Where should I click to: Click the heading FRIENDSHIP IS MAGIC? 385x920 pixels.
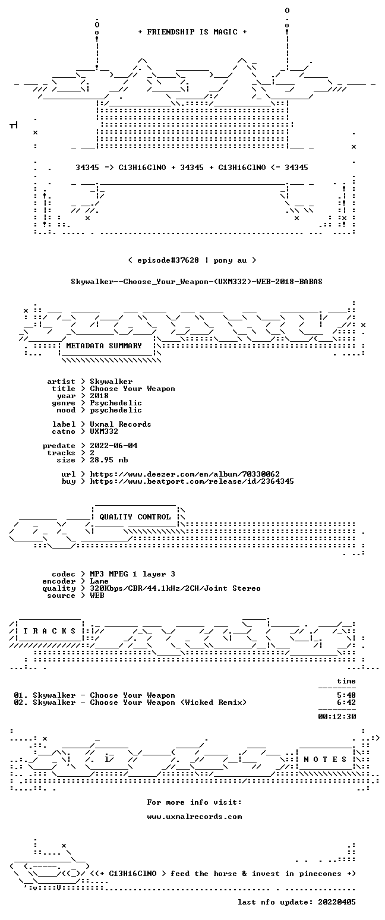pyautogui.click(x=192, y=32)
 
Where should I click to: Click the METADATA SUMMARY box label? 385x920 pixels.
pyautogui.click(x=104, y=346)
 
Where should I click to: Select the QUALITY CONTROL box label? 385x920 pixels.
pyautogui.click(x=135, y=517)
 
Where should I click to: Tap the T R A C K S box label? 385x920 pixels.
pyautogui.click(x=50, y=631)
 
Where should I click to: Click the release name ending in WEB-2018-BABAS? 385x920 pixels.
pyautogui.click(x=197, y=282)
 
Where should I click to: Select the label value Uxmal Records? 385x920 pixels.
pyautogui.click(x=121, y=424)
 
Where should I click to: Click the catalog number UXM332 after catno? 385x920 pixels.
pyautogui.click(x=104, y=431)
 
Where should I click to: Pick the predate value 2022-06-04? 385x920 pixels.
pyautogui.click(x=113, y=446)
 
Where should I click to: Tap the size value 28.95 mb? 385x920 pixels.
pyautogui.click(x=109, y=460)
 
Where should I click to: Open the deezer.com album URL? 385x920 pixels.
pyautogui.click(x=185, y=474)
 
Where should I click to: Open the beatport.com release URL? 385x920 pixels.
pyautogui.click(x=192, y=481)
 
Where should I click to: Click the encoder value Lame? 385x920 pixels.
pyautogui.click(x=99, y=581)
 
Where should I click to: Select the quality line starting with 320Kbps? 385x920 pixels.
pyautogui.click(x=175, y=588)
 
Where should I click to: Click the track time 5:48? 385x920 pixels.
pyautogui.click(x=346, y=695)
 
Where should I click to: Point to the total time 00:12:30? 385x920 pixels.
pyautogui.click(x=337, y=717)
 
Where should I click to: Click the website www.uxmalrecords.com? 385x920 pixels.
pyautogui.click(x=194, y=817)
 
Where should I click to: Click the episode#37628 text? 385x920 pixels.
pyautogui.click(x=168, y=260)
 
